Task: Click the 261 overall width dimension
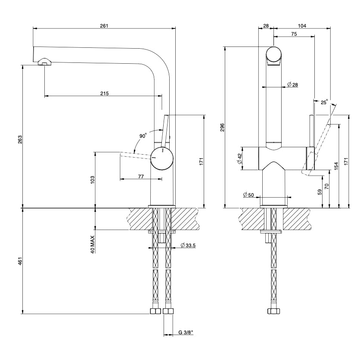[x=104, y=26]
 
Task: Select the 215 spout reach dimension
[x=105, y=93]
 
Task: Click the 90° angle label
[x=143, y=136]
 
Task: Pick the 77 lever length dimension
[x=141, y=176]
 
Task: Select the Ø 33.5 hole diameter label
[x=188, y=245]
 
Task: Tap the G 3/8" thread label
[x=186, y=332]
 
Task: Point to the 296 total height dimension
[x=222, y=127]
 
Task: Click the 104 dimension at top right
[x=302, y=26]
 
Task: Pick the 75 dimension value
[x=294, y=34]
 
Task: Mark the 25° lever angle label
[x=324, y=102]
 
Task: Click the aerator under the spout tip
[x=44, y=62]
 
